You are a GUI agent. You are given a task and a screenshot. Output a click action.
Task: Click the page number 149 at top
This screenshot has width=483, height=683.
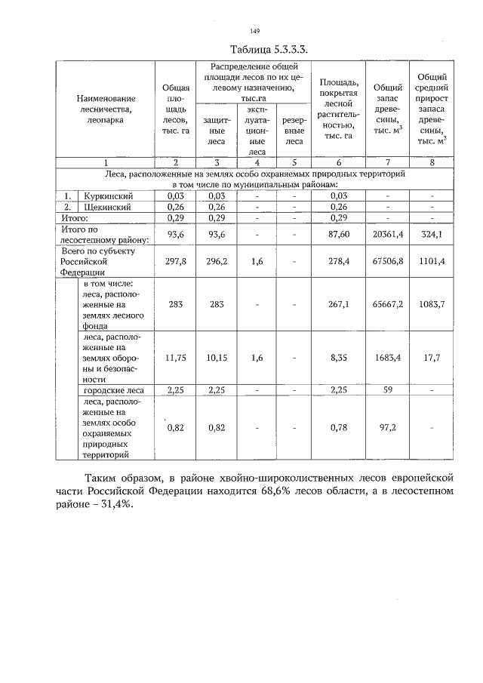point(254,31)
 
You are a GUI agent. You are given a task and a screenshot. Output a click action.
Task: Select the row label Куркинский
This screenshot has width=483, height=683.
point(109,195)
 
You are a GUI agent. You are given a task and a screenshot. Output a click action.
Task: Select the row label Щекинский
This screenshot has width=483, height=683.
point(109,206)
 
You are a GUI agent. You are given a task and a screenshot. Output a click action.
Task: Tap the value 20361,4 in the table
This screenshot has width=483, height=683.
point(389,234)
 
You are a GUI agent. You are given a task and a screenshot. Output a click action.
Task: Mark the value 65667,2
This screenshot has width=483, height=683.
point(389,306)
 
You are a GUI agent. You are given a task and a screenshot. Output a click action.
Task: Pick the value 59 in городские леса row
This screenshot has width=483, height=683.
point(389,390)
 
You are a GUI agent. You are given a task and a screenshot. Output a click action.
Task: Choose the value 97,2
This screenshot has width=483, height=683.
point(389,427)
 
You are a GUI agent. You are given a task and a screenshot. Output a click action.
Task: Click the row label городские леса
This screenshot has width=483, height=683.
point(113,390)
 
